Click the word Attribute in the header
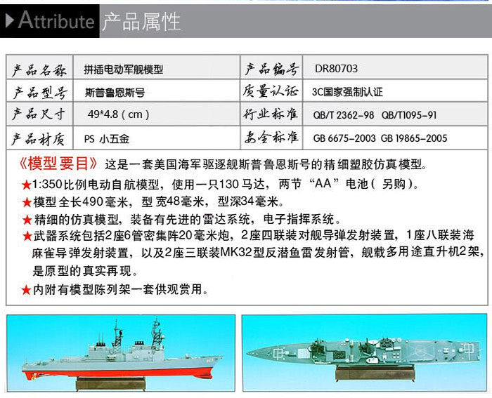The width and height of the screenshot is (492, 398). (56, 20)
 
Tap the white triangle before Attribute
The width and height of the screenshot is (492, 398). (10, 20)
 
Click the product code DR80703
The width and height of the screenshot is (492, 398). (336, 69)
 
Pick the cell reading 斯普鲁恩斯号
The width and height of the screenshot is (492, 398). (115, 93)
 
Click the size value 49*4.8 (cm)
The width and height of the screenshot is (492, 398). (118, 114)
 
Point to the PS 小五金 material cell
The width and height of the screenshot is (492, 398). (107, 139)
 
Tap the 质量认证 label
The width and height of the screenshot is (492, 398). (270, 91)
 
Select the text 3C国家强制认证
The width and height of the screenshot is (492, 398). (347, 92)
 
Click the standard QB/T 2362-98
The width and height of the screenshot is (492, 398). (344, 115)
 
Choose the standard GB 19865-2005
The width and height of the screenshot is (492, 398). (414, 138)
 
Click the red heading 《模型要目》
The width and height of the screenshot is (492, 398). (58, 164)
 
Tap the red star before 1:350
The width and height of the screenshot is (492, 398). (27, 185)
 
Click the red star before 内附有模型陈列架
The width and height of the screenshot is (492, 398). (26, 290)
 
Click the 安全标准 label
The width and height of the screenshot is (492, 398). (271, 138)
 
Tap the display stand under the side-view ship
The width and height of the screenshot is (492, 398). (111, 383)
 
